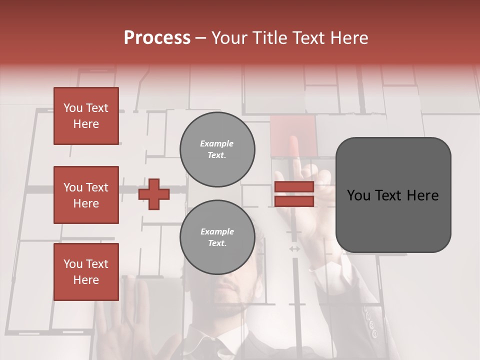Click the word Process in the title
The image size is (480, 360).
(157, 38)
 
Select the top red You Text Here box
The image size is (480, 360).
(86, 116)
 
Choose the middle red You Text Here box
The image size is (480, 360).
(86, 195)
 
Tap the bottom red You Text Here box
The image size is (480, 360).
(86, 272)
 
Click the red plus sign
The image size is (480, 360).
(154, 194)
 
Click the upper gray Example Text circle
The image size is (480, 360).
(217, 149)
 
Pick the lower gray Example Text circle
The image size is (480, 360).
(217, 237)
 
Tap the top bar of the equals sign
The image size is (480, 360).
(294, 186)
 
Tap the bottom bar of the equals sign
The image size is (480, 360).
(294, 201)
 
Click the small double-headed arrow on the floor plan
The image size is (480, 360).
(294, 248)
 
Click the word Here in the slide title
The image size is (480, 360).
(348, 38)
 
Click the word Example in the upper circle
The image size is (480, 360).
(216, 144)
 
